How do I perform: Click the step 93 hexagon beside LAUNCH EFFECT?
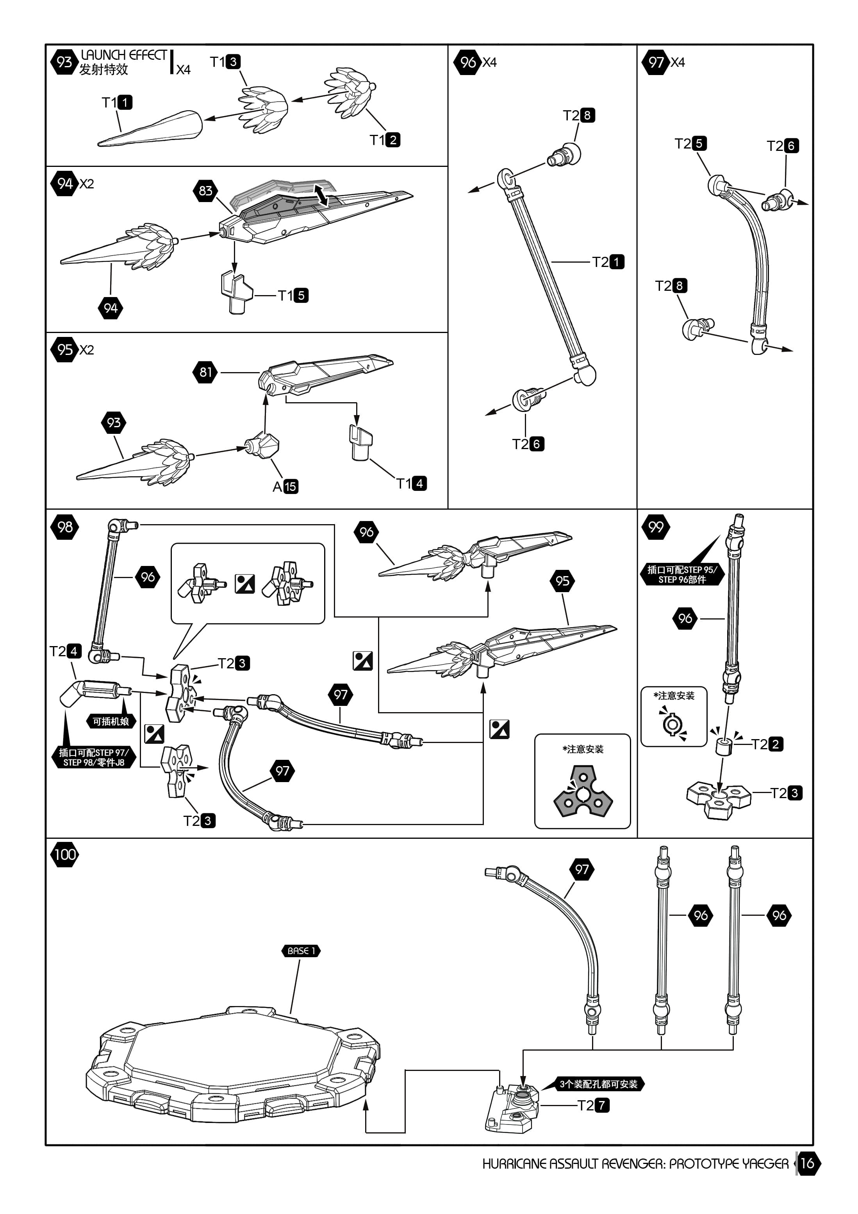pos(64,62)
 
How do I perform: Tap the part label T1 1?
pos(117,102)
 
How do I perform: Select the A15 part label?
pos(285,487)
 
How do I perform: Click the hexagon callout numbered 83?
pos(205,191)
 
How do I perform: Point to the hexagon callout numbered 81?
pos(205,372)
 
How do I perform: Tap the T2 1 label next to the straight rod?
pos(608,262)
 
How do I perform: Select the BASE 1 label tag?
pos(301,951)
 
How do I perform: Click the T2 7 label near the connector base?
pos(593,1105)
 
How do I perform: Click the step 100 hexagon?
pos(65,854)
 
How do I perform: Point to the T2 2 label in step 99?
pos(767,744)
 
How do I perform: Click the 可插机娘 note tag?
pos(111,721)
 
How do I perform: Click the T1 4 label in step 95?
pos(411,483)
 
